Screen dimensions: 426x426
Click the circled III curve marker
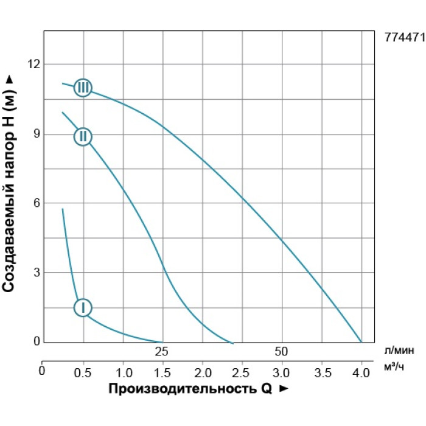83,88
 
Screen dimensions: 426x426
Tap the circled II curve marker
83,136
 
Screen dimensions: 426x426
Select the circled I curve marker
83,307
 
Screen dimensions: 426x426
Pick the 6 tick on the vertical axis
36,203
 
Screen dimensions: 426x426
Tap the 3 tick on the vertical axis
36,272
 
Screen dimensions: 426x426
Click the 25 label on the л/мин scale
161,351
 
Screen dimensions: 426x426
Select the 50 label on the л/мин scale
281,351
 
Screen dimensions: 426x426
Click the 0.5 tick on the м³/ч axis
83,371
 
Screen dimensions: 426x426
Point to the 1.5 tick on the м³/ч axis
163,371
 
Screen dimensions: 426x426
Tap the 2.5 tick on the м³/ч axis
242,371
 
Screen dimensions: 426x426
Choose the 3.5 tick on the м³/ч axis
321,371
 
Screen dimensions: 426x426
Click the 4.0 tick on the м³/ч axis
361,371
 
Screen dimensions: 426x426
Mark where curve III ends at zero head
361,342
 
